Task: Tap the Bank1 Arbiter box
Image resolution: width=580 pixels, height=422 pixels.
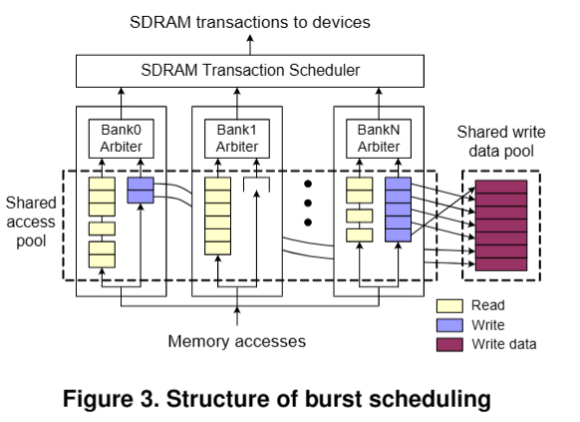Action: pos(236,139)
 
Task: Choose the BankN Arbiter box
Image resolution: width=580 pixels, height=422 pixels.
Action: pos(379,139)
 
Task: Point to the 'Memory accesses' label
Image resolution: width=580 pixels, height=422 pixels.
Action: pos(236,342)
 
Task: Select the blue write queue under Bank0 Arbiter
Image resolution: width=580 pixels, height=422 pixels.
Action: pos(140,191)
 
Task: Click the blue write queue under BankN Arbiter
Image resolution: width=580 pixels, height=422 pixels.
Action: pos(398,210)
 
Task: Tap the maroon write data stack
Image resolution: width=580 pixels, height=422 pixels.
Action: pos(500,225)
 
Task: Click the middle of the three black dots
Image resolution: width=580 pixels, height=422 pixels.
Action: pos(308,204)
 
